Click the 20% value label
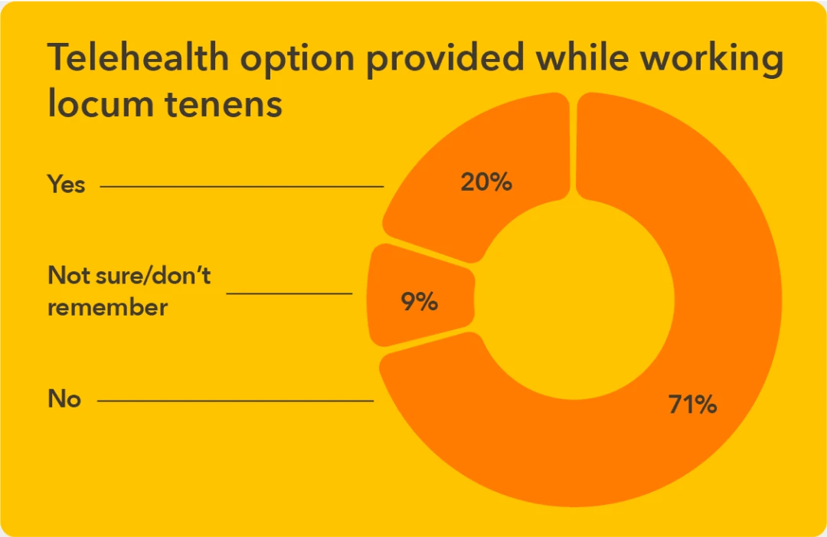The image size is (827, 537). coord(485,183)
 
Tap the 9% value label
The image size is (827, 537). coord(419,302)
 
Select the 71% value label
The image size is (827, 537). coord(691,404)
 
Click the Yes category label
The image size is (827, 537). coord(67,185)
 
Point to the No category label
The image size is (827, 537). coord(64,399)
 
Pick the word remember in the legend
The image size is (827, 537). coord(107,307)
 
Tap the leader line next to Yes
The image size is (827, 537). coord(241,185)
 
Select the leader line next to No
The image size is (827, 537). coord(235,400)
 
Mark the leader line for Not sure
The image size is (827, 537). coord(289,293)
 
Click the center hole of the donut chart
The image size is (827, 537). coord(574,300)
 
